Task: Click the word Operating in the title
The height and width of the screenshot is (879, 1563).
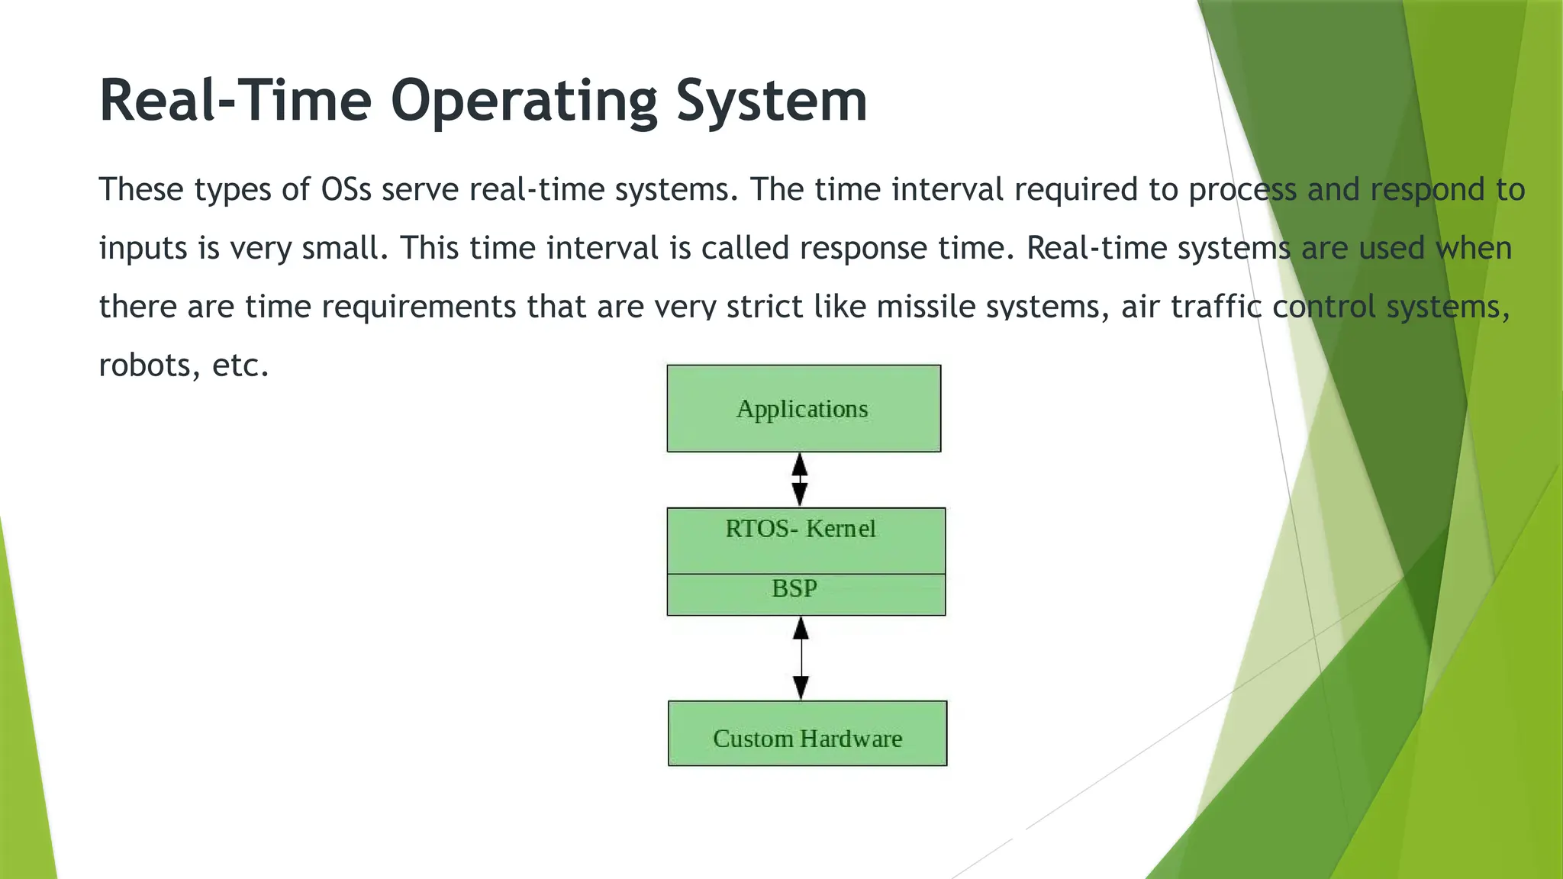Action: click(x=524, y=101)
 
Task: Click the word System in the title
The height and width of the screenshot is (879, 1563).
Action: click(x=772, y=101)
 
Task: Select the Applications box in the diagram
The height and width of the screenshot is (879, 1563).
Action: click(x=804, y=408)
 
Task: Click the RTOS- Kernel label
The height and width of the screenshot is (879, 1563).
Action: click(x=801, y=529)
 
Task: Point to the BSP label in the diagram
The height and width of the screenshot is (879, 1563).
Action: click(x=794, y=589)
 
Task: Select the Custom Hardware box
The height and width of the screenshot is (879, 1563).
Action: click(x=807, y=734)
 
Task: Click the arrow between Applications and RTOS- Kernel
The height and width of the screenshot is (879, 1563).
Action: click(x=799, y=479)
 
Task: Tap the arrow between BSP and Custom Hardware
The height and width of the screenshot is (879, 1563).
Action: click(x=801, y=658)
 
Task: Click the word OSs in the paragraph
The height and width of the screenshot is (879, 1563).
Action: click(x=346, y=189)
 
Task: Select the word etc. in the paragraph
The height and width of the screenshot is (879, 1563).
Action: click(x=240, y=365)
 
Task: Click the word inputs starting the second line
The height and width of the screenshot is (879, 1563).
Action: click(x=143, y=249)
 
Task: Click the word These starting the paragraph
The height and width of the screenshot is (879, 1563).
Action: click(x=140, y=189)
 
